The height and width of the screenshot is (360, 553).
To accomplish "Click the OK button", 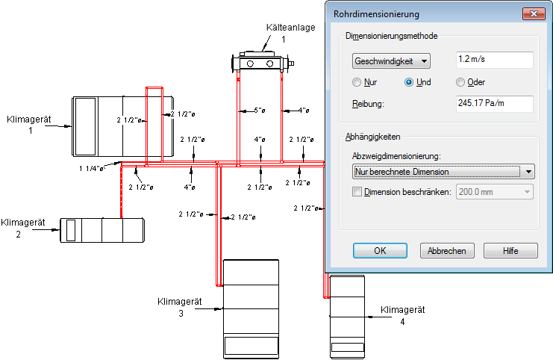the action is [380, 251].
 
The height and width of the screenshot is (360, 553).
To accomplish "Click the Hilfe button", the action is [510, 251].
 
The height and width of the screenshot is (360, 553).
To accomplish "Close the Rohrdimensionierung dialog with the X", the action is [534, 13].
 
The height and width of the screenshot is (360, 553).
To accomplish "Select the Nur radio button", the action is [357, 82].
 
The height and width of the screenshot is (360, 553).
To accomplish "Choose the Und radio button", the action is [409, 82].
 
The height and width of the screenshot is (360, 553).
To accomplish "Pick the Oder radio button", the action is [460, 82].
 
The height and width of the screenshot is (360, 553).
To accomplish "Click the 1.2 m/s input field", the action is [495, 60].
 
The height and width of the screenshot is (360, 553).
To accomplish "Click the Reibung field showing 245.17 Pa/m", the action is [495, 104].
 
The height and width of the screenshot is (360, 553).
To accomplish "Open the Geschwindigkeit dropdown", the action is [391, 61].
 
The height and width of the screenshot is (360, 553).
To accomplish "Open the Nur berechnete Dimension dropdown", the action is [443, 172].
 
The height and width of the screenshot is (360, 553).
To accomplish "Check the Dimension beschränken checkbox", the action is [357, 192].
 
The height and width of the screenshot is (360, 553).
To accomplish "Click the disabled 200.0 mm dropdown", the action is [495, 192].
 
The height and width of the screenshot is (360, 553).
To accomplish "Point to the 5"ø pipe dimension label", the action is [260, 110].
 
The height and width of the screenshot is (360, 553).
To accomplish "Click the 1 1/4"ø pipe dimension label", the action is [91, 168].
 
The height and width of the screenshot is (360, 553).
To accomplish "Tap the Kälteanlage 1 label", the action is [290, 33].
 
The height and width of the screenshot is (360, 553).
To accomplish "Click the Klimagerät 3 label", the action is [180, 308].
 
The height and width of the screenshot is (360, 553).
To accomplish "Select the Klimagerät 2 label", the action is [23, 229].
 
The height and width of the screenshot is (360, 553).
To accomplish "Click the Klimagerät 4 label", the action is [403, 315].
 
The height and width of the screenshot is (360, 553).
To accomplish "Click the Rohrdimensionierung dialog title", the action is [376, 14].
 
